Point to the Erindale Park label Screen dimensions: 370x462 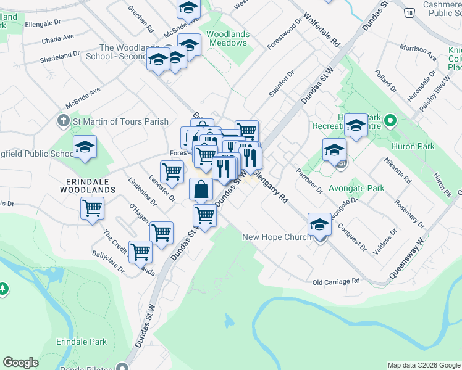click(x=82, y=342)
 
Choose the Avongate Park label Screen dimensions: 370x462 click(x=356, y=188)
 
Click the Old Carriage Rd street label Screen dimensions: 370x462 click(x=336, y=281)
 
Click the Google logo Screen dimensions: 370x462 click(x=20, y=363)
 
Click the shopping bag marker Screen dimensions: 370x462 click(x=201, y=189)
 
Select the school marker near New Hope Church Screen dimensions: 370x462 click(x=319, y=225)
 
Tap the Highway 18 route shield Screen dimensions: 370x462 click(x=409, y=12)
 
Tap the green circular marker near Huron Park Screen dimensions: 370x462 click(x=390, y=120)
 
